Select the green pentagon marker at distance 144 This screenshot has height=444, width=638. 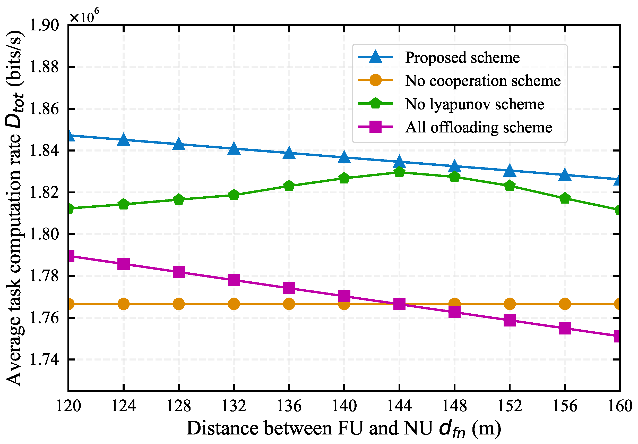coord(399,172)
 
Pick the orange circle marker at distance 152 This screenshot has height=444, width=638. coord(510,304)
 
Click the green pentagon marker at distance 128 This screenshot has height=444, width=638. coord(179,199)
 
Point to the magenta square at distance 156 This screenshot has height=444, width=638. coord(565,328)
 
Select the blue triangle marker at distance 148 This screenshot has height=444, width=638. coord(454,166)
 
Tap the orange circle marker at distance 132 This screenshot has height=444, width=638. coord(234,304)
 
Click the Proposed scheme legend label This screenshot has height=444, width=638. coord(462,57)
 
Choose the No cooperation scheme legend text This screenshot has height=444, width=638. coord(483,81)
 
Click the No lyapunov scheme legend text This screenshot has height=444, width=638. coord(475,104)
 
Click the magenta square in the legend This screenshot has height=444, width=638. coord(375,127)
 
